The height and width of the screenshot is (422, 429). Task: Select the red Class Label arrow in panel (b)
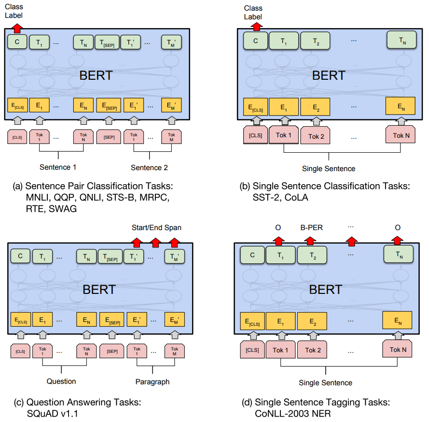click(x=256, y=26)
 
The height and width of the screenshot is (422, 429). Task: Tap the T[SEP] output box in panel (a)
click(x=107, y=43)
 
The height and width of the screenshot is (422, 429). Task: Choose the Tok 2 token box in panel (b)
click(x=316, y=136)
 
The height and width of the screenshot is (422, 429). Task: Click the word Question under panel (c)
click(x=61, y=381)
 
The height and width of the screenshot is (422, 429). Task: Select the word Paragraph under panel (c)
click(x=152, y=381)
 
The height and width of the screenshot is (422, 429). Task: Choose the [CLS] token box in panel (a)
click(x=17, y=137)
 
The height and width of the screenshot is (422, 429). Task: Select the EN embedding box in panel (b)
click(x=401, y=106)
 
